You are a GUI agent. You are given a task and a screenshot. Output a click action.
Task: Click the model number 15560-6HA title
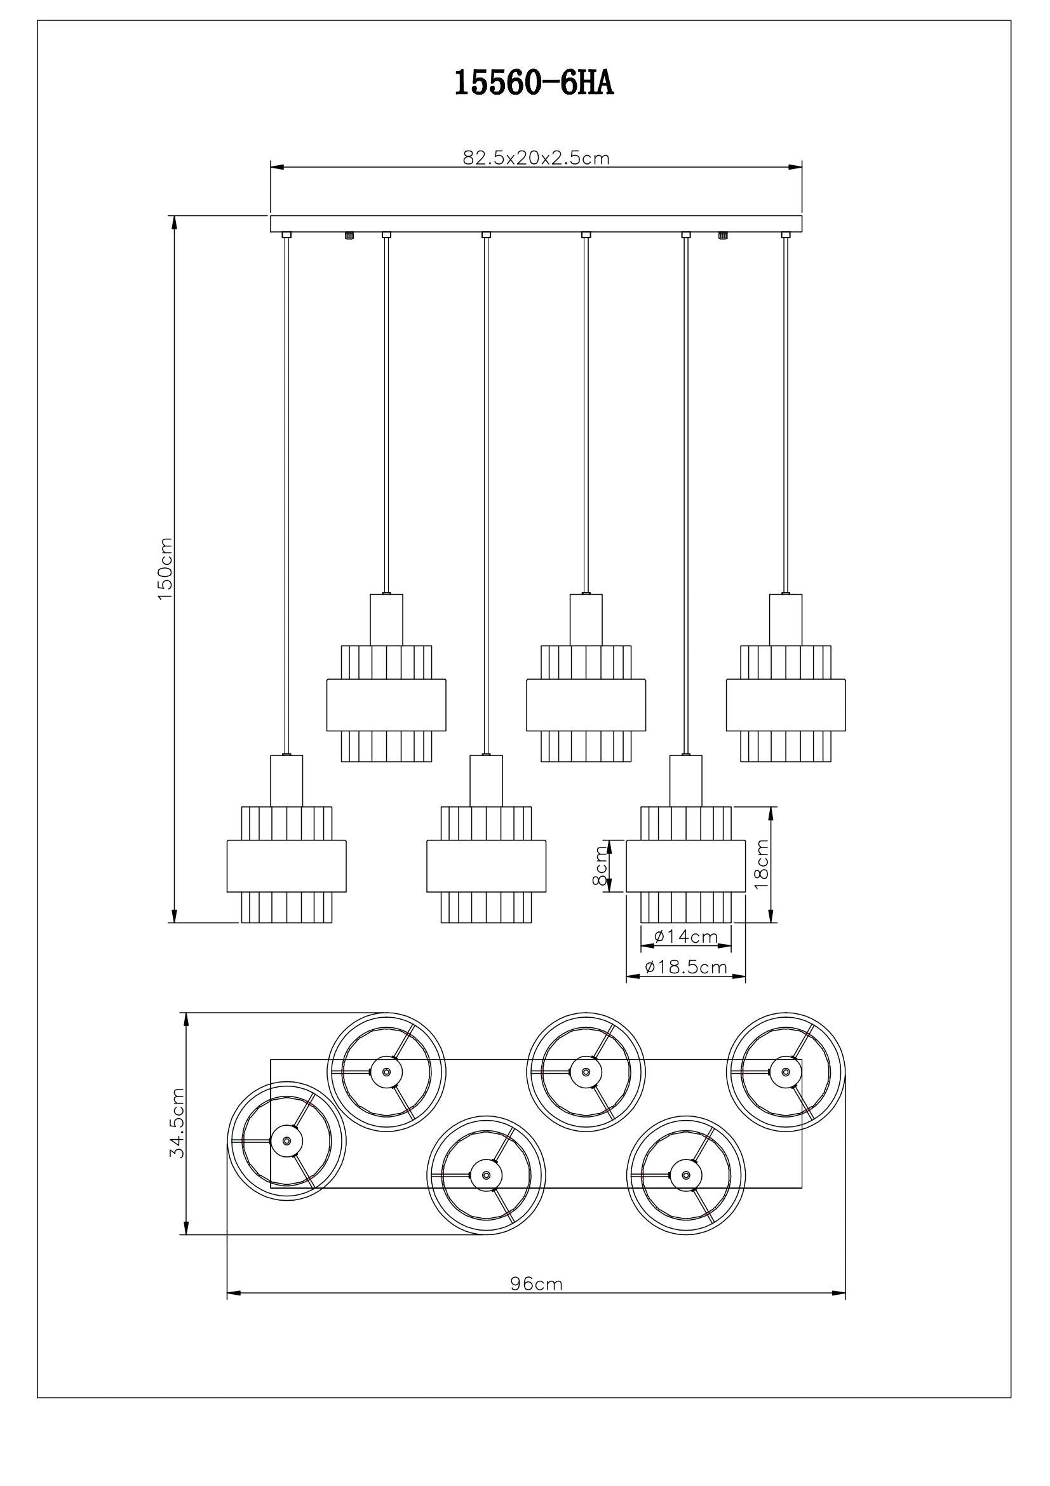coord(533,83)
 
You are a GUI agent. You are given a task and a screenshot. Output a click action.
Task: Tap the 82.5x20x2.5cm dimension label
coord(535,158)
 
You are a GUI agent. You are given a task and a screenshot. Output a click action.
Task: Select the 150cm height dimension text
coord(165,568)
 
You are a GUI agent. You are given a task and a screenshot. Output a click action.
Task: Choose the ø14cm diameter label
coord(686,936)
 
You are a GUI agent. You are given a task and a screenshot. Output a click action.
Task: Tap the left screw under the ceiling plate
coord(349,236)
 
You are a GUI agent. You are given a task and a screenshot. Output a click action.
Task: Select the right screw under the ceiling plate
coord(722,236)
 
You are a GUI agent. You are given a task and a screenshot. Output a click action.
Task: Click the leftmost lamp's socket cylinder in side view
coord(286,781)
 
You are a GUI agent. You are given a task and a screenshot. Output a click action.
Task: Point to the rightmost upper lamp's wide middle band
coord(785,705)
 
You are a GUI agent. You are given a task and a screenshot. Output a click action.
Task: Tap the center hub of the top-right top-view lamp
coord(784,1071)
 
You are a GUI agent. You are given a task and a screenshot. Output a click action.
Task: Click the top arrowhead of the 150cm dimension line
coord(173,222)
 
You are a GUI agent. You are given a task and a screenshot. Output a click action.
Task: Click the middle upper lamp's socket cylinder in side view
coord(586,619)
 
